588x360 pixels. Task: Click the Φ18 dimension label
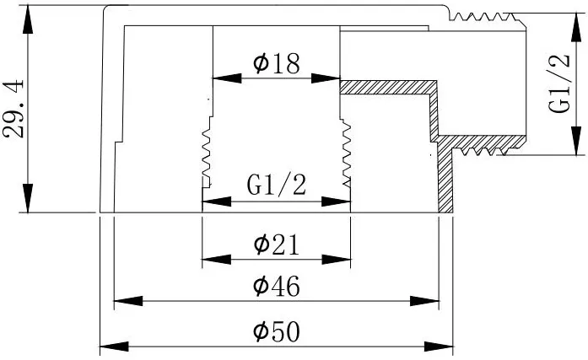277,63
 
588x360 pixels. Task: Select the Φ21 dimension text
277,244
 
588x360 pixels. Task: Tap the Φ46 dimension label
277,286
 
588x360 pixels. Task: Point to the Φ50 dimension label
277,331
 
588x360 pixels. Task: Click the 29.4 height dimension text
13,109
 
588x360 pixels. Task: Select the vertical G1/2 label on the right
559,83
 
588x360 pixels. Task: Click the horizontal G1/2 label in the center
277,185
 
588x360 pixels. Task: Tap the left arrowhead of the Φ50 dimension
114,347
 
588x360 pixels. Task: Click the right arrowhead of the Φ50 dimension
439,347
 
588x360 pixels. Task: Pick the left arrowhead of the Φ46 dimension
128,301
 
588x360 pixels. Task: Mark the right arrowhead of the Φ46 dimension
424,301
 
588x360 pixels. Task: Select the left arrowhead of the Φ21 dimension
217,259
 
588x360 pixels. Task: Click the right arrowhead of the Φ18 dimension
326,78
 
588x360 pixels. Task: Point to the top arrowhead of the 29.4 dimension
27,19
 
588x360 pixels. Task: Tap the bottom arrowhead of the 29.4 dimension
27,198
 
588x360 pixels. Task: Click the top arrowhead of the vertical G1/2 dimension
576,27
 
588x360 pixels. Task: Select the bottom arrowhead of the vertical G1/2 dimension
576,141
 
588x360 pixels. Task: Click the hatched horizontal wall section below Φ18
389,88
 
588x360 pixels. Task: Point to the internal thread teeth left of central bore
208,153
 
